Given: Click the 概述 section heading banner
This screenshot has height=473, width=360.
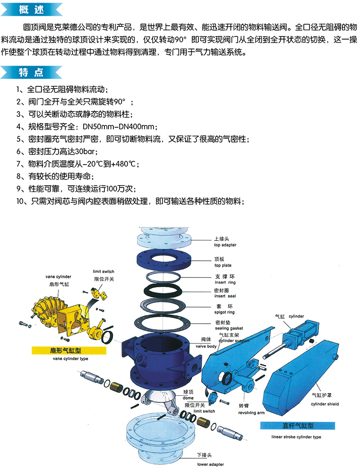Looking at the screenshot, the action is click(x=31, y=9).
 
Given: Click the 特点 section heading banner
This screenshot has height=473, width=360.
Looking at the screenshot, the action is click(x=31, y=72).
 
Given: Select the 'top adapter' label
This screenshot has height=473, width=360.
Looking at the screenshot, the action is click(x=225, y=245).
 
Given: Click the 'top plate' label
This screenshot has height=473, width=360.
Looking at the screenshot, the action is click(x=223, y=265).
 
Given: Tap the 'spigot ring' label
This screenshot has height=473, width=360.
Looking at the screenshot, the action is click(x=225, y=312).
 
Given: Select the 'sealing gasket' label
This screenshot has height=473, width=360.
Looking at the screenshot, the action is click(x=229, y=328).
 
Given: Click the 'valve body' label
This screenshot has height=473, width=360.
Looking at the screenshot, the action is click(x=206, y=346).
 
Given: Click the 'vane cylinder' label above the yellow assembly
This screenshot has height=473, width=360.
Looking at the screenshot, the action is click(x=58, y=277).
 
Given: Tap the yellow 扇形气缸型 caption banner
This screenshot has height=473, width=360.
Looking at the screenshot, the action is click(x=69, y=351).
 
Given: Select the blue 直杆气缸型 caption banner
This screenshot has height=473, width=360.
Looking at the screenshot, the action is click(x=297, y=426).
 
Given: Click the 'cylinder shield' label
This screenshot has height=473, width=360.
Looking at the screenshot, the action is click(x=325, y=404).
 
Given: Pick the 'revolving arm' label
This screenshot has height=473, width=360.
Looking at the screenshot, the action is click(x=251, y=413).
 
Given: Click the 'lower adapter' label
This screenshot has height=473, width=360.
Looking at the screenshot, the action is click(x=211, y=464).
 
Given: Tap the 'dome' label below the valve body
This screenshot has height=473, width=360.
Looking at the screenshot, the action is click(x=188, y=398).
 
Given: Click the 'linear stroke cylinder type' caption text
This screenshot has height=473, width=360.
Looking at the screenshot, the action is click(x=296, y=437).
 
